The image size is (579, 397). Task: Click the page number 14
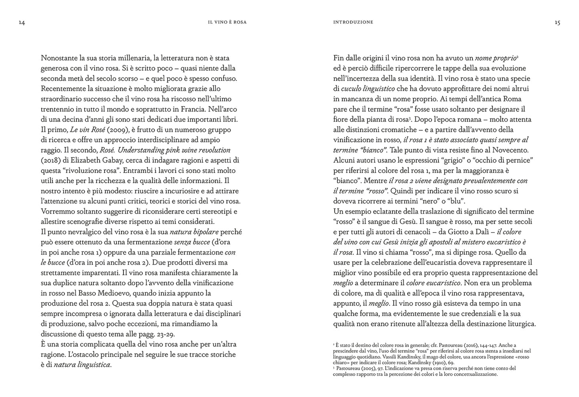[x=22, y=23]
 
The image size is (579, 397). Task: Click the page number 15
[x=557, y=23]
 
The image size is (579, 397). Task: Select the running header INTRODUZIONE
[x=353, y=22]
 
